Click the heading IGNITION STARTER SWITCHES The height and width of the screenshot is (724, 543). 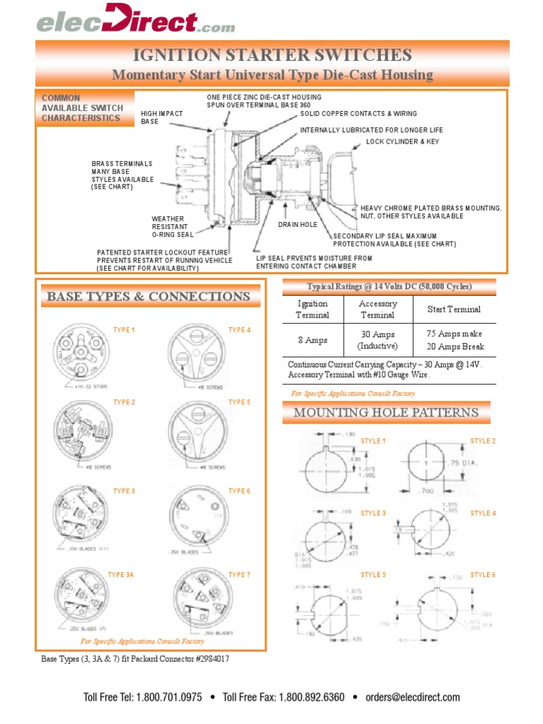point(272,55)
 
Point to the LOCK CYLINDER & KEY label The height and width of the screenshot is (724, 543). point(402,141)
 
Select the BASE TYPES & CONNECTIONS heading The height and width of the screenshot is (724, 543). point(148,296)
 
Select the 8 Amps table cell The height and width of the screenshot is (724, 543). point(312,340)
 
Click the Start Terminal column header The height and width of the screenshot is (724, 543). point(453,309)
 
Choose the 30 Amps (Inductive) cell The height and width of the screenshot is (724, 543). point(377,340)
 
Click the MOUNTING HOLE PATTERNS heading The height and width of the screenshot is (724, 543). point(386,412)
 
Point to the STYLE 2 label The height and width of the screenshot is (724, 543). point(483,441)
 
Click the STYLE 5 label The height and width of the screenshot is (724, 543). point(373,575)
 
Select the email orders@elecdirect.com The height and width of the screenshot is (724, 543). point(412,697)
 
